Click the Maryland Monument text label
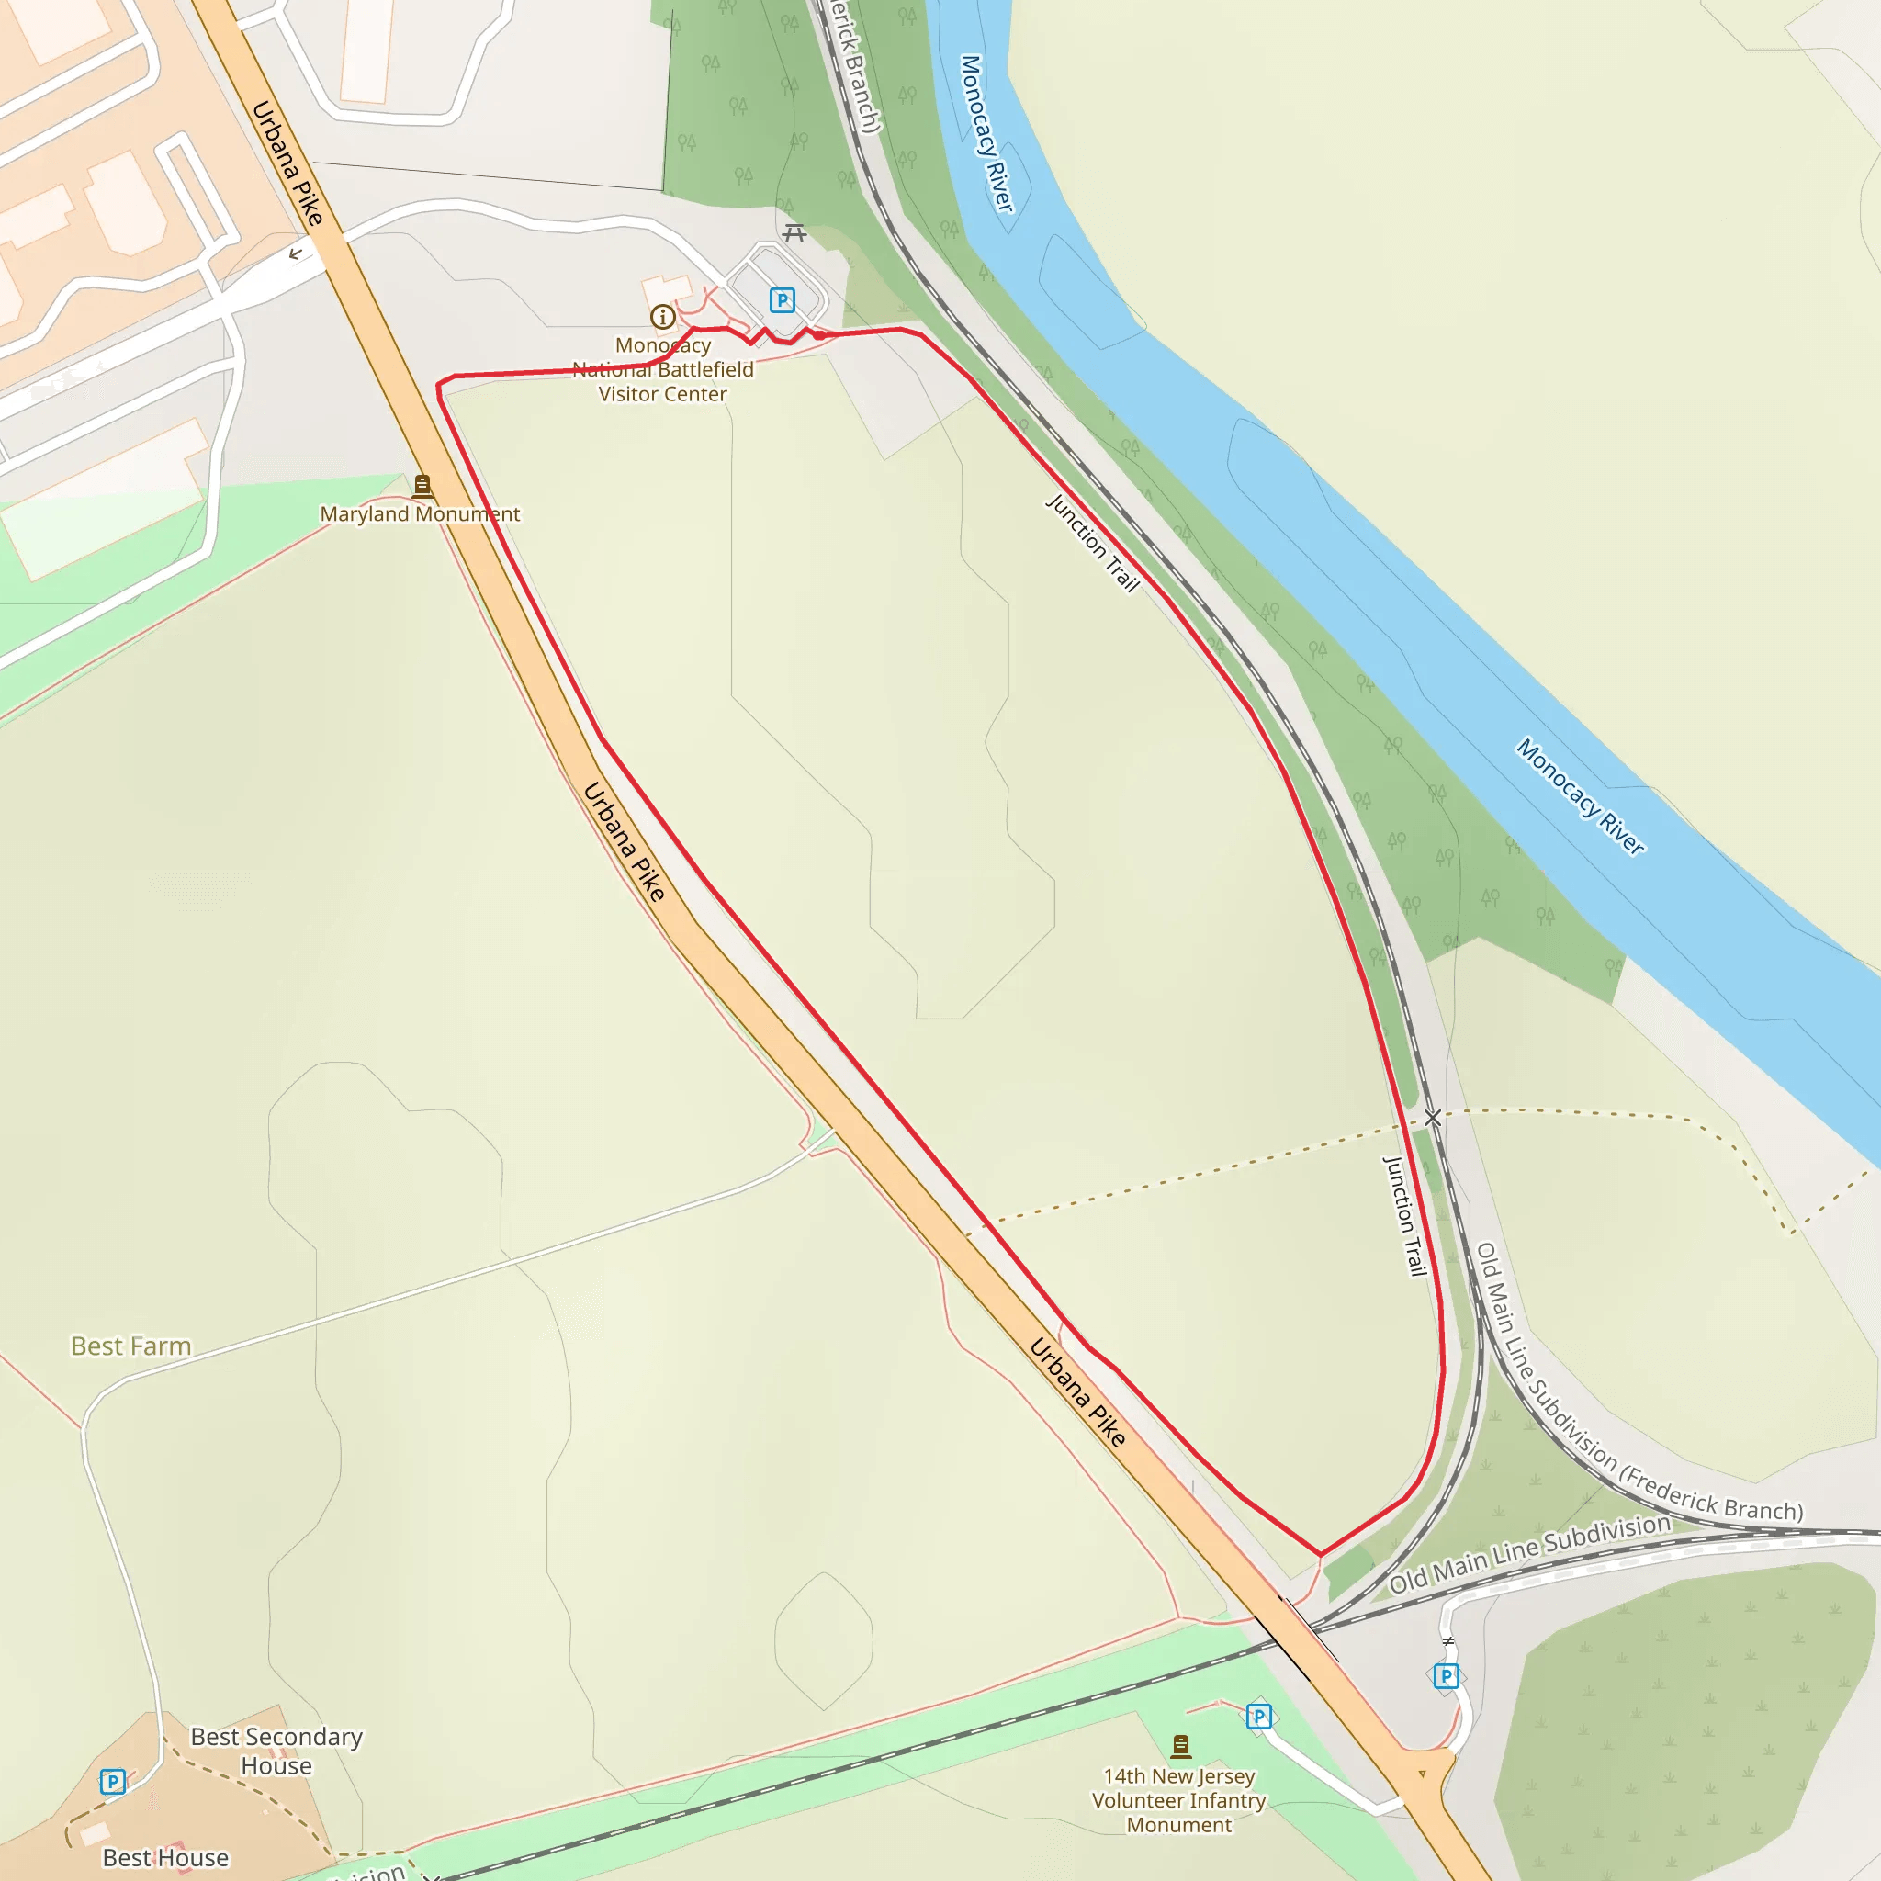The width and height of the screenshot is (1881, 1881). (x=420, y=514)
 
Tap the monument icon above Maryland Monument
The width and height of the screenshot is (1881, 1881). (x=422, y=484)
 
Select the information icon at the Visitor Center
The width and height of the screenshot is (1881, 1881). (x=663, y=317)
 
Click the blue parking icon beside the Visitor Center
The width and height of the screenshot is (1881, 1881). (x=782, y=299)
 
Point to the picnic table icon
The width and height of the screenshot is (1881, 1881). (x=795, y=232)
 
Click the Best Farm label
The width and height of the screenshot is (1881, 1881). (x=130, y=1346)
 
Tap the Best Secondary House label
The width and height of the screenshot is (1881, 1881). (x=276, y=1751)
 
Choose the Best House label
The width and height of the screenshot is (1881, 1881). (x=165, y=1858)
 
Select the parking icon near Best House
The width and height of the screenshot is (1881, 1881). (x=113, y=1782)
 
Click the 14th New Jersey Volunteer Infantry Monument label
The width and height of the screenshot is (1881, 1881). (x=1179, y=1800)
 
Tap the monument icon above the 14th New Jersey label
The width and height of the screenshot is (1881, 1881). (x=1181, y=1745)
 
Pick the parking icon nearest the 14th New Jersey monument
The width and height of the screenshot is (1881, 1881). (x=1259, y=1717)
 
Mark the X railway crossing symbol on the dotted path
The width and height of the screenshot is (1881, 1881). (x=1432, y=1118)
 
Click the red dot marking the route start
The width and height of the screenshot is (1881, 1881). (x=820, y=335)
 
